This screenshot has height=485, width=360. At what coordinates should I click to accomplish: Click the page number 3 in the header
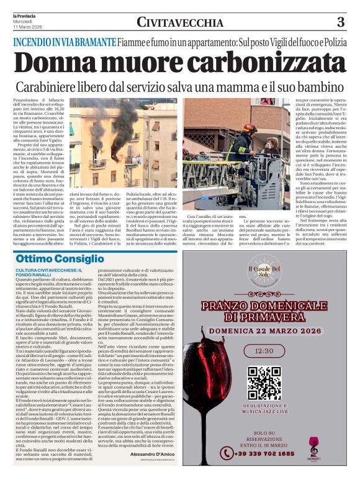click(x=340, y=22)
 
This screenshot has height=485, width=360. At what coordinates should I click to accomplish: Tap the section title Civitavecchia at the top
click(x=180, y=23)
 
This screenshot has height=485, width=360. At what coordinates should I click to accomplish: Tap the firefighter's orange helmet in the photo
click(x=250, y=129)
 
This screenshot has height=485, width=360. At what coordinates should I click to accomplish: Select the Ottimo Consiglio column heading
click(x=55, y=258)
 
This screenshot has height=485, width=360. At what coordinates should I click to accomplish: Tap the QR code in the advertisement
click(x=264, y=384)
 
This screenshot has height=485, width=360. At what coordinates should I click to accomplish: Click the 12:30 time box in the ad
click(x=264, y=351)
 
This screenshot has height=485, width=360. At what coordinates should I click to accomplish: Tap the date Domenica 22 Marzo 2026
click(x=264, y=332)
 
